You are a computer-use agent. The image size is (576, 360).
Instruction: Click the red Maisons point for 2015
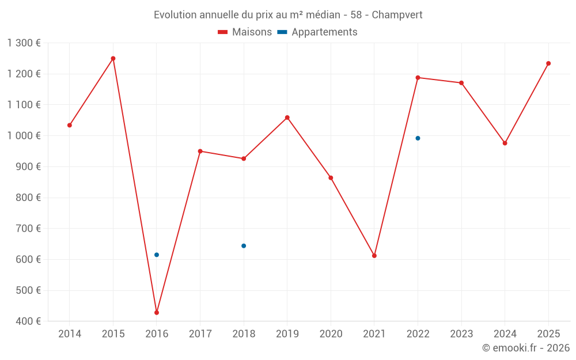point(113,58)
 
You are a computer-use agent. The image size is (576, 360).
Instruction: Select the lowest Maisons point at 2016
point(157,313)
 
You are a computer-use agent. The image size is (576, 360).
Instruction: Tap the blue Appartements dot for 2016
point(157,255)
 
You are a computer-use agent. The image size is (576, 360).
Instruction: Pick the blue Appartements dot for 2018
point(244,246)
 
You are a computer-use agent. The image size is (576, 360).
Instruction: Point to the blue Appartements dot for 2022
point(418,138)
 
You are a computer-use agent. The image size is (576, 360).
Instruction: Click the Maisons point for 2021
point(374,256)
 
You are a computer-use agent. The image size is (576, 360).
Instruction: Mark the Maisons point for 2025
point(548,63)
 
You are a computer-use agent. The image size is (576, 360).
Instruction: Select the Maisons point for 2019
point(287,118)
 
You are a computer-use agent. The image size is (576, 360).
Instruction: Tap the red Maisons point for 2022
point(418,78)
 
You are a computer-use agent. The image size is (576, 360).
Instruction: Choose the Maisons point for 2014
point(70,125)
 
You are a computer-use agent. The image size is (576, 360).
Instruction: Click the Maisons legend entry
point(245,32)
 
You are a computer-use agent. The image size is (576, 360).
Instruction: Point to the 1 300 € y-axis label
point(24,43)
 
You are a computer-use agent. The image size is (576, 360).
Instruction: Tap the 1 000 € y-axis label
point(24,136)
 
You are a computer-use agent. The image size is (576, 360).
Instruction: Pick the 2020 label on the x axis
point(331,334)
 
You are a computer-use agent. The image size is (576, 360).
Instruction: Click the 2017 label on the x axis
point(200,334)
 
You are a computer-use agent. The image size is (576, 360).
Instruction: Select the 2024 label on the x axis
point(505,334)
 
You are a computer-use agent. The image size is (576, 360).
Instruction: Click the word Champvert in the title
point(397,15)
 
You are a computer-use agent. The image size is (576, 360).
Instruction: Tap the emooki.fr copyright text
point(526,348)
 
